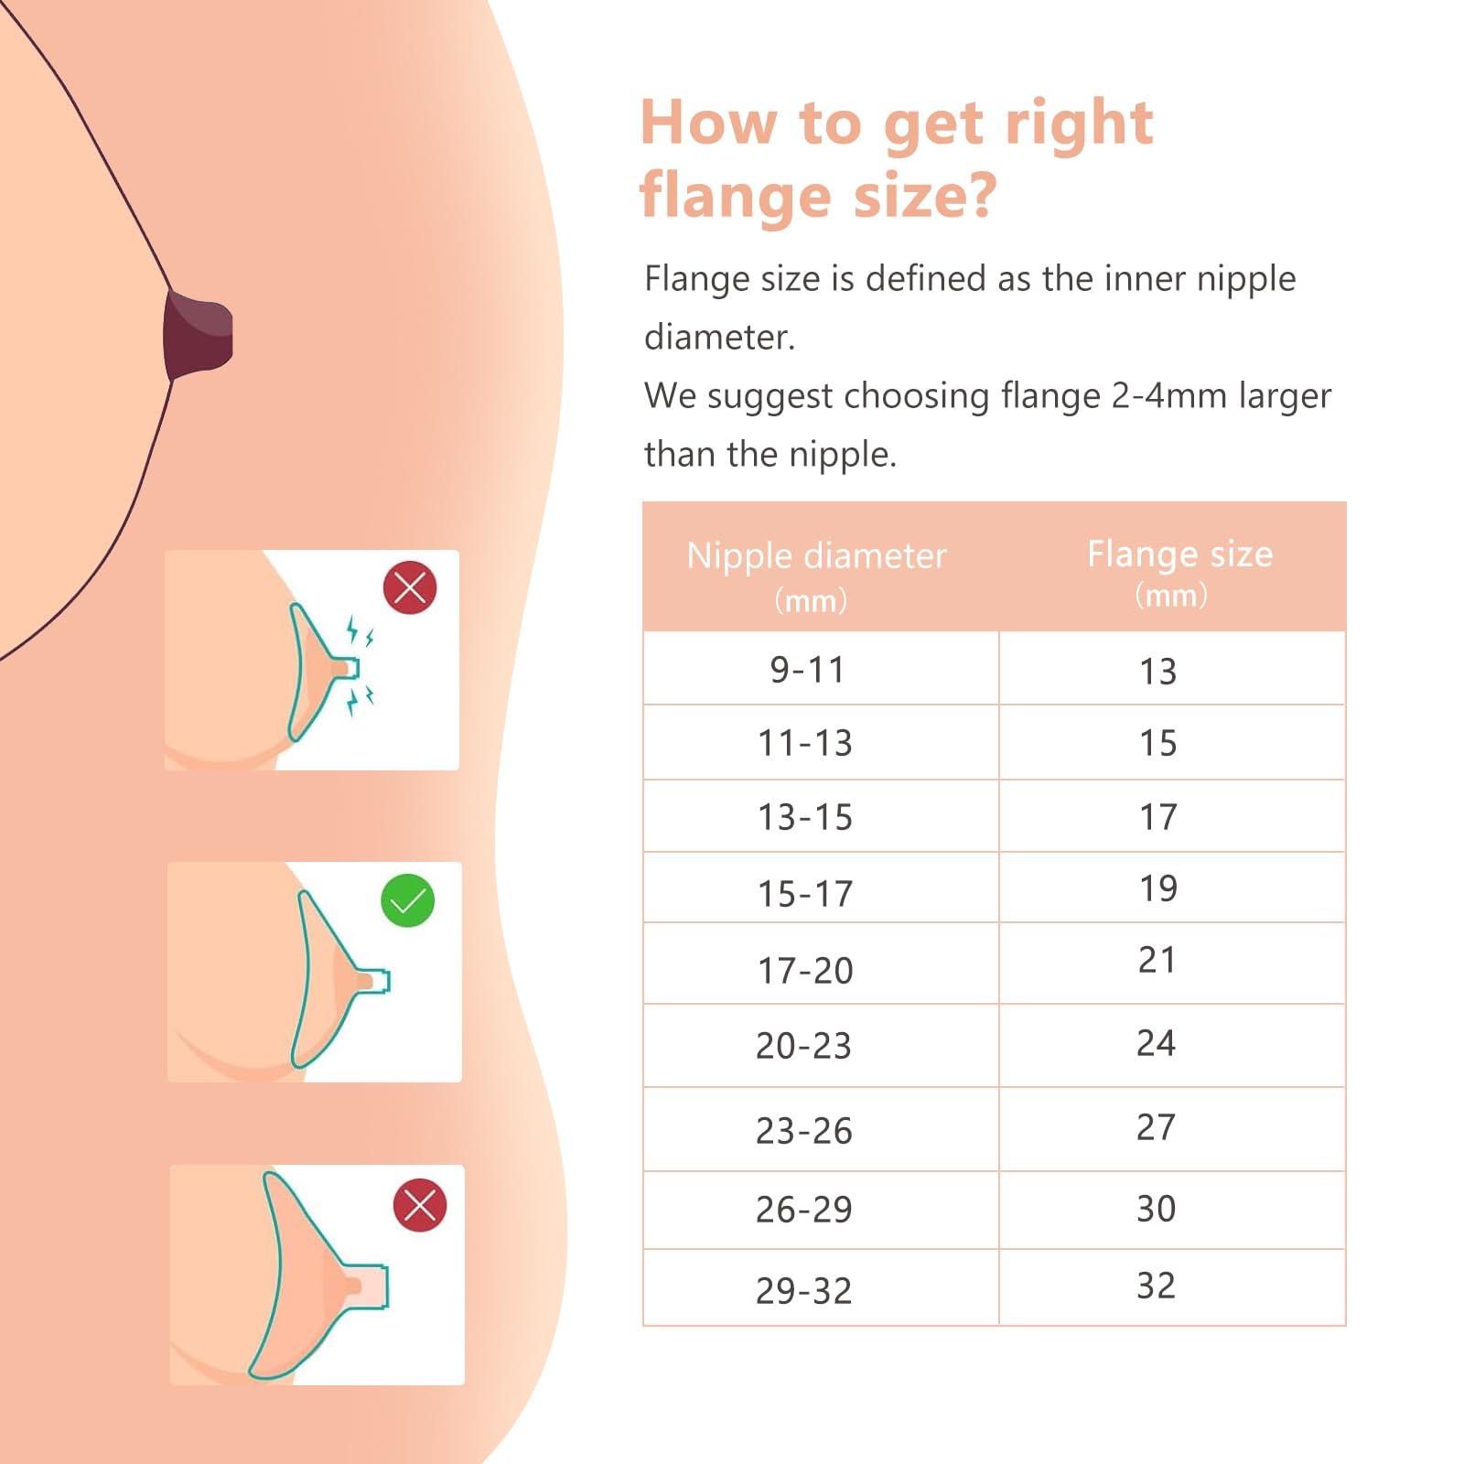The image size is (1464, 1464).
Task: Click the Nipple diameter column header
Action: click(x=816, y=556)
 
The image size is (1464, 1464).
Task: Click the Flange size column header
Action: click(x=1179, y=554)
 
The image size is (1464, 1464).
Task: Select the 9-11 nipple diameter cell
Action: click(x=807, y=670)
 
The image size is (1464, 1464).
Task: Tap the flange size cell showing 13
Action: click(x=1157, y=672)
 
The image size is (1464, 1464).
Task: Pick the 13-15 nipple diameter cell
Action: click(x=805, y=817)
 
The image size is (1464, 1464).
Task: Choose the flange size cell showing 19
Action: click(x=1157, y=888)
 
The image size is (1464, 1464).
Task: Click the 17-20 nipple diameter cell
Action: click(x=805, y=971)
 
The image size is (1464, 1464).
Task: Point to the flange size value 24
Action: click(x=1156, y=1043)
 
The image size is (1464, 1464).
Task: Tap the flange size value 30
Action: click(x=1156, y=1209)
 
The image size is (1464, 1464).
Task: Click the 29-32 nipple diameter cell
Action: click(x=803, y=1291)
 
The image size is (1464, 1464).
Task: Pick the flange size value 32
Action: click(x=1156, y=1286)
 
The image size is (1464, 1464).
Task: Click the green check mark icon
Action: click(x=407, y=901)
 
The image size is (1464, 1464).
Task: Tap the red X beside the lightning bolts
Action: click(x=410, y=587)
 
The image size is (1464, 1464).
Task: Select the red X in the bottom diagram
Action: click(x=420, y=1205)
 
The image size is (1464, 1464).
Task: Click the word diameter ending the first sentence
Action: click(x=719, y=338)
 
